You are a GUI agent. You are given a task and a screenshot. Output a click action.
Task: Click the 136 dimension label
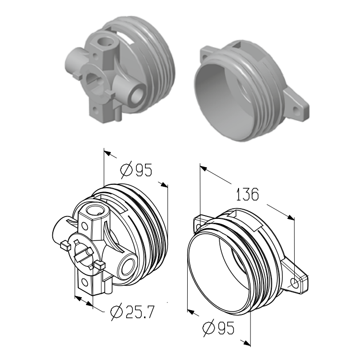point(247,194)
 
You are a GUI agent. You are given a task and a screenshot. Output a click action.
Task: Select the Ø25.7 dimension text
point(132,312)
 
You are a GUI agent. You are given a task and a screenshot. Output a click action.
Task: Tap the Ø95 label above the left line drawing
point(136,169)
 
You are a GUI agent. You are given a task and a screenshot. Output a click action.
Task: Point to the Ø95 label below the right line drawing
point(218,328)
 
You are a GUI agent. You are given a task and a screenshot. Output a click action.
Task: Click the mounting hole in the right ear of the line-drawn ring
point(295,283)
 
